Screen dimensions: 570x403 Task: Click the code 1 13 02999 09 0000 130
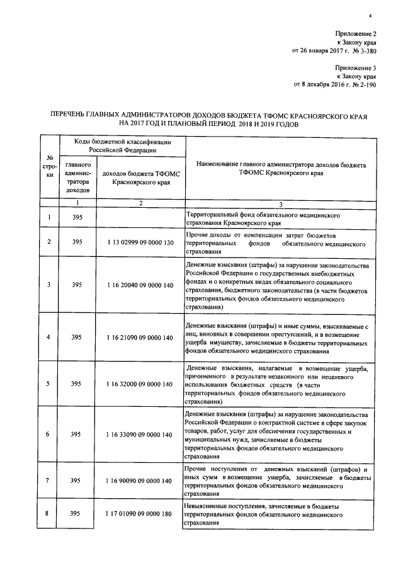pyautogui.click(x=140, y=241)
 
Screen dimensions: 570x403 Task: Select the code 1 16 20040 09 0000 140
pyautogui.click(x=140, y=285)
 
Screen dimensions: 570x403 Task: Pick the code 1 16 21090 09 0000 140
pyautogui.click(x=140, y=338)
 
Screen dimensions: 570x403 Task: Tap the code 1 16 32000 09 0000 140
pyautogui.click(x=140, y=383)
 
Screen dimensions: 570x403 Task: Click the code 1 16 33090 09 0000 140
pyautogui.click(x=140, y=435)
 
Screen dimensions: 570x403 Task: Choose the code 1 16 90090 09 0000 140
pyautogui.click(x=140, y=481)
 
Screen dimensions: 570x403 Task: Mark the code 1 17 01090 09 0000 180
pyautogui.click(x=140, y=514)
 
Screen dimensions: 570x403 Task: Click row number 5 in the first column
pyautogui.click(x=49, y=383)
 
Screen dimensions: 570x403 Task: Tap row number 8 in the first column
pyautogui.click(x=49, y=514)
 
